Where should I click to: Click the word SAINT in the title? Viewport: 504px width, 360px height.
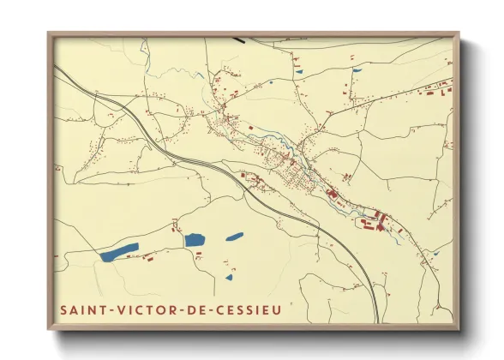81,309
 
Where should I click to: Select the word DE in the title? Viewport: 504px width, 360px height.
184,309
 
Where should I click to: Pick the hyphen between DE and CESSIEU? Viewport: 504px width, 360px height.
201,309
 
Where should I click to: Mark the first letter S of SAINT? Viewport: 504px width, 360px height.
63,309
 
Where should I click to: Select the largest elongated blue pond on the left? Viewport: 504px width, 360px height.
119,251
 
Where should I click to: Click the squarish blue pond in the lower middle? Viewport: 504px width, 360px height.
195,240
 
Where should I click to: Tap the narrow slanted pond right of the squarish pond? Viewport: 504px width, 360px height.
234,237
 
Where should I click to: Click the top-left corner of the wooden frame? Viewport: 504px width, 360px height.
49,34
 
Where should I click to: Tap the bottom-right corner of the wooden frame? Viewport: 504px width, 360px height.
458,328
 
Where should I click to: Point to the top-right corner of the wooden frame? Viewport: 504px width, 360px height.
458,34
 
